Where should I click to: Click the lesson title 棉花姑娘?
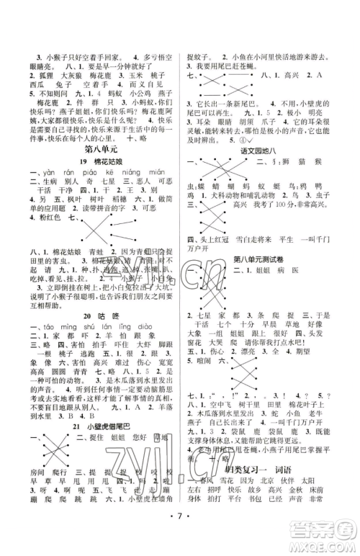point(104,163)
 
